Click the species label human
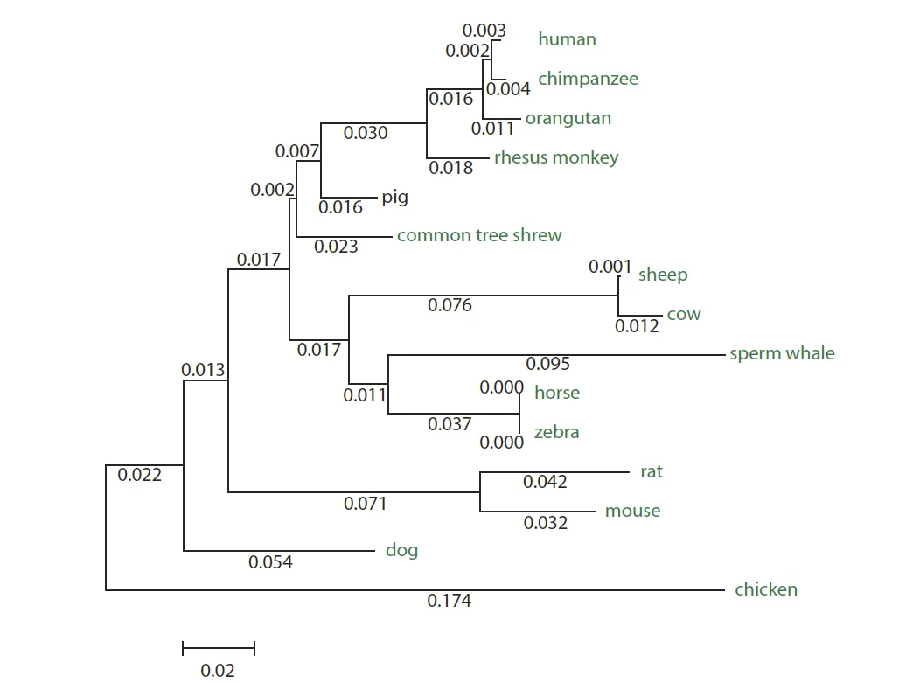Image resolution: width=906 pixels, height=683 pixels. pyautogui.click(x=567, y=39)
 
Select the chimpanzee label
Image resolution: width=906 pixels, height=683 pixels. pyautogui.click(x=588, y=79)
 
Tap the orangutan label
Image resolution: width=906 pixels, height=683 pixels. pyautogui.click(x=568, y=118)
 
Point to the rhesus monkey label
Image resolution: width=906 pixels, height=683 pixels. pyautogui.click(x=556, y=157)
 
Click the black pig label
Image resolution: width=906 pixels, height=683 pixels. pyautogui.click(x=394, y=197)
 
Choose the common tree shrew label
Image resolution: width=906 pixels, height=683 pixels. pyautogui.click(x=479, y=235)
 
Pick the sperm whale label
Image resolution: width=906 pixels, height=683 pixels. pyautogui.click(x=782, y=353)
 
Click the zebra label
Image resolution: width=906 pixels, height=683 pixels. pyautogui.click(x=556, y=432)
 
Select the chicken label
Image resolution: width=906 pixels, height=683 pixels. pyautogui.click(x=766, y=589)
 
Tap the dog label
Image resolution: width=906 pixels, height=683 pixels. pyautogui.click(x=401, y=550)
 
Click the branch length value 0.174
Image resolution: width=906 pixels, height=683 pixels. pyautogui.click(x=449, y=601)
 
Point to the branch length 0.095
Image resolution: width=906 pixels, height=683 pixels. pyautogui.click(x=547, y=364)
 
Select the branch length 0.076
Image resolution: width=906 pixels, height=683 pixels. pyautogui.click(x=450, y=305)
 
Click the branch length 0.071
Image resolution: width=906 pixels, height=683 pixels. pyautogui.click(x=365, y=503)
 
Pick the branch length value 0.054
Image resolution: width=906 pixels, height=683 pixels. pyautogui.click(x=270, y=562)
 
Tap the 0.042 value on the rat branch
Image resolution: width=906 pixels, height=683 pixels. pyautogui.click(x=545, y=482)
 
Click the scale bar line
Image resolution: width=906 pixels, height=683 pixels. pyautogui.click(x=218, y=648)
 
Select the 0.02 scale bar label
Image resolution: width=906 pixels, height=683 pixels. pyautogui.click(x=218, y=671)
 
